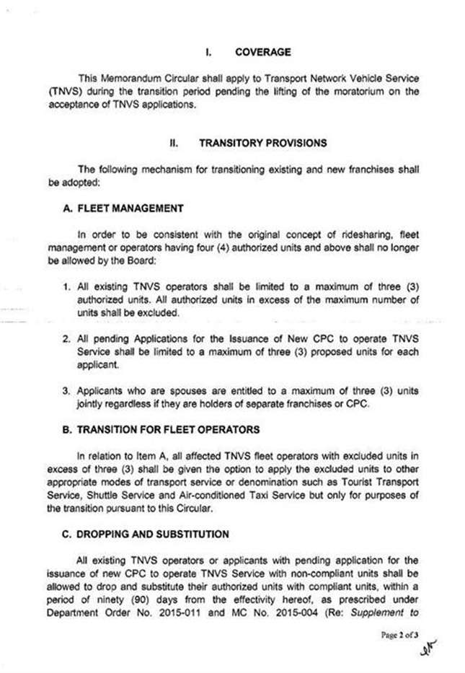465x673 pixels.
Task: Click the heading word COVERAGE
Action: pos(262,52)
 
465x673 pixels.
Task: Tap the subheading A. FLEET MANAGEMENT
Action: pos(123,208)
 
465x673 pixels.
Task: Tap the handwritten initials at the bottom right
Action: pos(428,651)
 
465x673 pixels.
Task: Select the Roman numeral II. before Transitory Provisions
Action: pos(173,143)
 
